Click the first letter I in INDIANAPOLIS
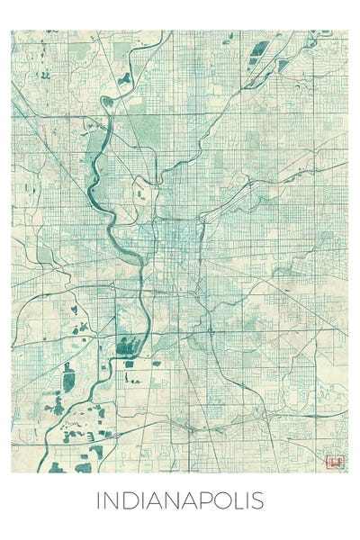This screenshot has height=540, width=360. tap(98, 500)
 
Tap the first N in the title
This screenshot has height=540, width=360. tap(110, 500)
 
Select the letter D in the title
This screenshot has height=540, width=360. tap(128, 500)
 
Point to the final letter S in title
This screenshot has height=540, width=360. tap(258, 500)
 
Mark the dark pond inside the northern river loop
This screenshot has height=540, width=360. tap(125, 79)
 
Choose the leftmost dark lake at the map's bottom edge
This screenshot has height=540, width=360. tap(58, 467)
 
